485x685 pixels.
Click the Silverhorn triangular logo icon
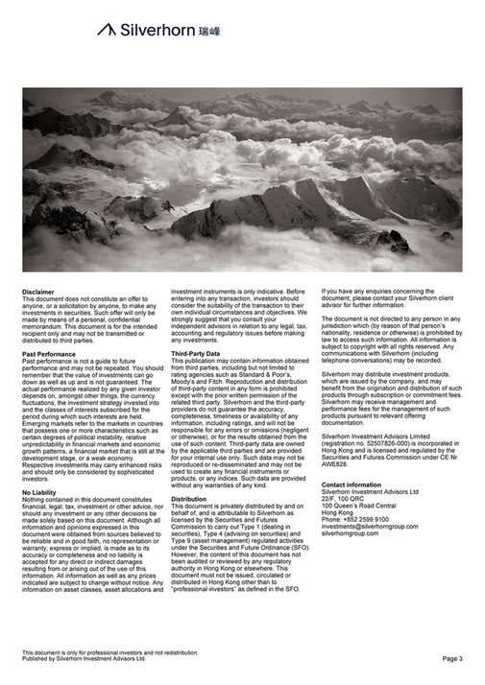click(107, 30)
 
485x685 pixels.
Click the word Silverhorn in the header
click(157, 31)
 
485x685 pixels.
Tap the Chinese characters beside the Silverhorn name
click(209, 31)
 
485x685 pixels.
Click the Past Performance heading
click(49, 354)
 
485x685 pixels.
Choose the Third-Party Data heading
click(196, 354)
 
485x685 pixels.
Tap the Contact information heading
click(352, 485)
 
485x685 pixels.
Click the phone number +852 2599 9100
click(355, 519)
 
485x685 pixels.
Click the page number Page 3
click(452, 659)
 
